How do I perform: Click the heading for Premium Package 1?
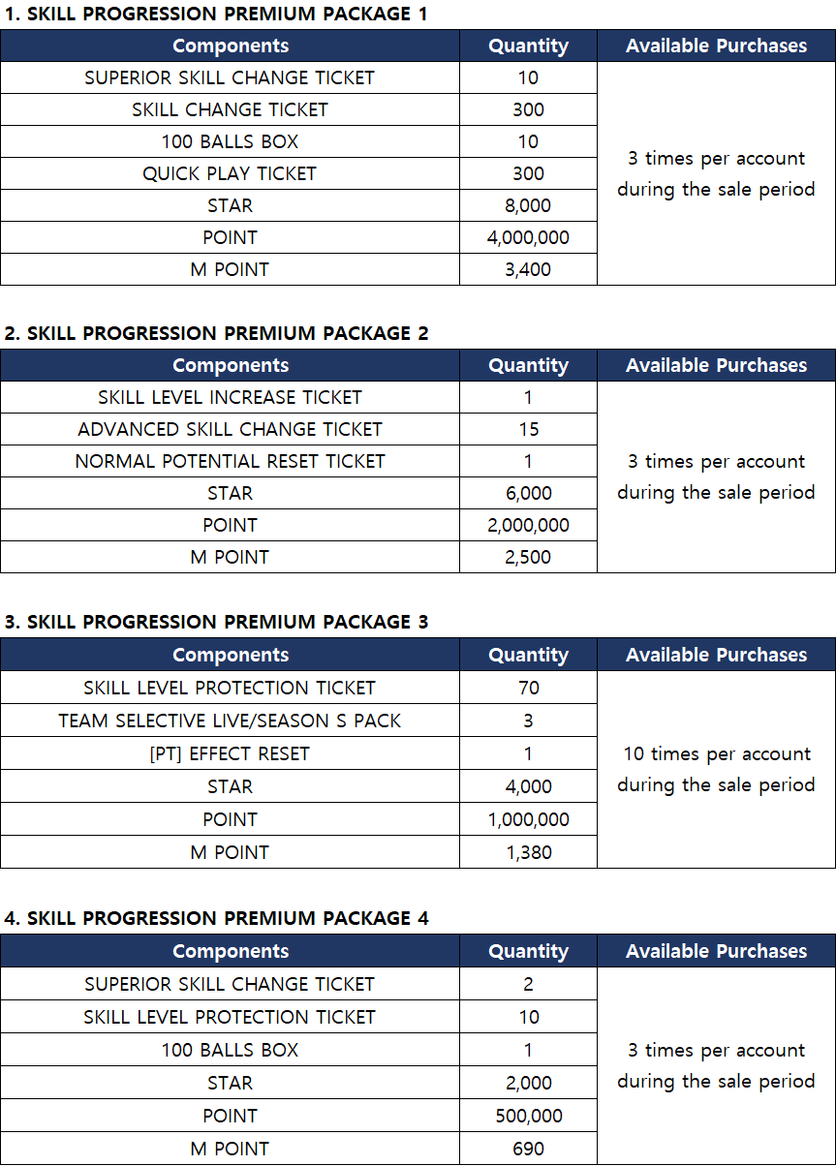pyautogui.click(x=215, y=14)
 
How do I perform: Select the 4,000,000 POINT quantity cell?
pyautogui.click(x=528, y=237)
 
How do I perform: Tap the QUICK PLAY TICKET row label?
pyautogui.click(x=230, y=173)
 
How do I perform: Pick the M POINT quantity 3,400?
pyautogui.click(x=528, y=269)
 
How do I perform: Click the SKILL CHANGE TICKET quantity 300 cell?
pyautogui.click(x=528, y=109)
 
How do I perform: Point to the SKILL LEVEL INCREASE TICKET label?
pyautogui.click(x=230, y=397)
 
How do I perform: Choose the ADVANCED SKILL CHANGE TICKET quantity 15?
pyautogui.click(x=528, y=429)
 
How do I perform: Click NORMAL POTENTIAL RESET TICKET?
pyautogui.click(x=230, y=461)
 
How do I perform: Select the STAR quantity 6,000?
pyautogui.click(x=528, y=493)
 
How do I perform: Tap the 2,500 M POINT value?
pyautogui.click(x=528, y=557)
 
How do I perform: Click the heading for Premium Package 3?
pyautogui.click(x=216, y=622)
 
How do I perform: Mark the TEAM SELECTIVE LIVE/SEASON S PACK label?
pyautogui.click(x=230, y=721)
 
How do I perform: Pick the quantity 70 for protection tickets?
pyautogui.click(x=528, y=688)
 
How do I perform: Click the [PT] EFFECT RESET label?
pyautogui.click(x=230, y=753)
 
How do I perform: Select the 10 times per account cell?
pyautogui.click(x=716, y=769)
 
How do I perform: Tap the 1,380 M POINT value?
pyautogui.click(x=528, y=852)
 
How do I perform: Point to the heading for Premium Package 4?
pyautogui.click(x=216, y=918)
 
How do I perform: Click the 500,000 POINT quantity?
pyautogui.click(x=528, y=1116)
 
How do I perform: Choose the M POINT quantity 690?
pyautogui.click(x=528, y=1149)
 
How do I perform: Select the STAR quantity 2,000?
pyautogui.click(x=528, y=1083)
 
